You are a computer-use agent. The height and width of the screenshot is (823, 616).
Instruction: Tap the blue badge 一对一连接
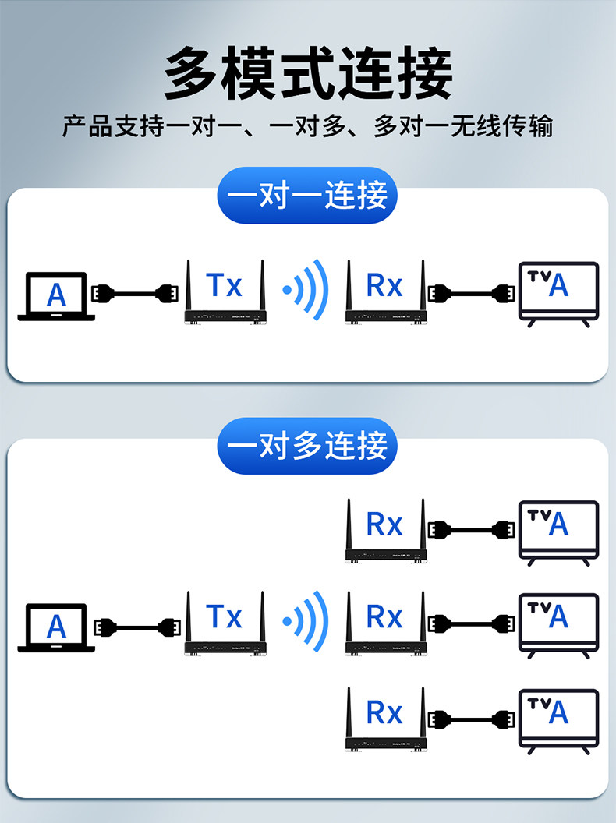click(307, 196)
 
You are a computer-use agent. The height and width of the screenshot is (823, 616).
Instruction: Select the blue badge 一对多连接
click(307, 447)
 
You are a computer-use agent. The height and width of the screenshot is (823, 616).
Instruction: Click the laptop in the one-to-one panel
click(56, 295)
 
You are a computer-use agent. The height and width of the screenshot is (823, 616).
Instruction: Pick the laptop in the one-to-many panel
click(56, 627)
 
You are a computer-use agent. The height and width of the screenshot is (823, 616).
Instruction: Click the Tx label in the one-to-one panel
click(225, 285)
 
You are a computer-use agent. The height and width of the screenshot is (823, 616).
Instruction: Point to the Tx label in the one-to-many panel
click(225, 616)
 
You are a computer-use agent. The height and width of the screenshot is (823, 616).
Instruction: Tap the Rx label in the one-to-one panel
click(384, 285)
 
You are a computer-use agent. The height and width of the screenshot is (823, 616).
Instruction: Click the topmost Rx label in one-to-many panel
click(384, 525)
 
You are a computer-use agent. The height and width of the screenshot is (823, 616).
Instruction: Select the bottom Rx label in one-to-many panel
click(384, 712)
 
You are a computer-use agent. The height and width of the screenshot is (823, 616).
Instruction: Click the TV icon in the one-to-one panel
click(558, 292)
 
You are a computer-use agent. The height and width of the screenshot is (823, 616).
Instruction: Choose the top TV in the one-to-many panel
click(558, 530)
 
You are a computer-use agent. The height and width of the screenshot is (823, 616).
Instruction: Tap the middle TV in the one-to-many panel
click(558, 623)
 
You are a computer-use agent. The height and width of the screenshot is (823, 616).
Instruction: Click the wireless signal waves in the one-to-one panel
click(306, 291)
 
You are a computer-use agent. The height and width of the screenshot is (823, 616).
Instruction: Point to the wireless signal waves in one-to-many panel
click(306, 621)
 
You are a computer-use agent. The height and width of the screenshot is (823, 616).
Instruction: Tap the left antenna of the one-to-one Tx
click(188, 285)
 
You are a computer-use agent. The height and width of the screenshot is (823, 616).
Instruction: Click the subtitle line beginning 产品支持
click(308, 126)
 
